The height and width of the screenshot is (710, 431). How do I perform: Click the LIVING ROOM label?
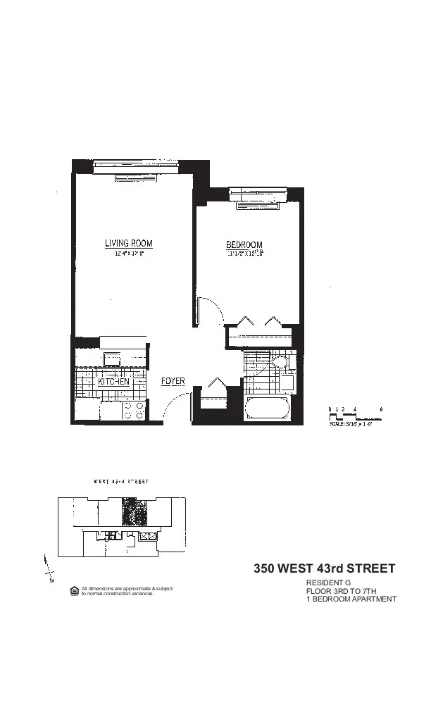pyautogui.click(x=128, y=244)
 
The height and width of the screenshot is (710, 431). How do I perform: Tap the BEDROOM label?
pyautogui.click(x=244, y=244)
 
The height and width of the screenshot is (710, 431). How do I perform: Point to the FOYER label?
pyautogui.click(x=173, y=382)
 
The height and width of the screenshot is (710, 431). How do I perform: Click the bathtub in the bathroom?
pyautogui.click(x=266, y=409)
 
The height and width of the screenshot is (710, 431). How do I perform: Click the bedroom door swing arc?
pyautogui.click(x=209, y=310)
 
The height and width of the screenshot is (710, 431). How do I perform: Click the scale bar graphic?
pyautogui.click(x=356, y=415)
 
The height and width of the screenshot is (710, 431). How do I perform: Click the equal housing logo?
pyautogui.click(x=74, y=590)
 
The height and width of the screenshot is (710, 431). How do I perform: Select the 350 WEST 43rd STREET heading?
pyautogui.click(x=325, y=568)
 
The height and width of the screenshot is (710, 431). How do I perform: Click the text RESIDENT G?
pyautogui.click(x=327, y=583)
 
